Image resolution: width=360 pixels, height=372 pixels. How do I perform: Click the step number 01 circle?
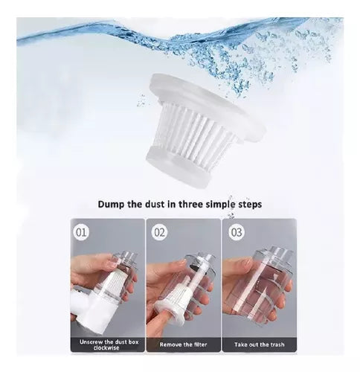(x=81, y=232)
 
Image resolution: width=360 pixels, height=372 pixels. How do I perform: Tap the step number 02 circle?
(x=159, y=232)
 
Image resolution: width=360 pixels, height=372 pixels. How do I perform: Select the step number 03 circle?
(x=236, y=232)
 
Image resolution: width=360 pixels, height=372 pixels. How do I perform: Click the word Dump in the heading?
(x=111, y=205)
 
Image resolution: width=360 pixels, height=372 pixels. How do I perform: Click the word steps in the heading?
(x=250, y=205)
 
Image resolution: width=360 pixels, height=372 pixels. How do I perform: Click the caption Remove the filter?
(x=183, y=344)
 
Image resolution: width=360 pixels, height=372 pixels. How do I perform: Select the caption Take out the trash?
(x=260, y=344)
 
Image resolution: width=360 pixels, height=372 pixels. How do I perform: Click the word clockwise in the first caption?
(x=106, y=347)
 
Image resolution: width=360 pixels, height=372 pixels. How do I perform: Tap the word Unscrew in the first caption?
(x=91, y=342)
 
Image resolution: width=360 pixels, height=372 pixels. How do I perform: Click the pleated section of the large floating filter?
(x=196, y=130)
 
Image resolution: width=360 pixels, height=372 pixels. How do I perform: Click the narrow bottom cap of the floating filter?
(x=179, y=166)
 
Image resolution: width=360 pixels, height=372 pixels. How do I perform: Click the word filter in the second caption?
(x=199, y=344)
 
